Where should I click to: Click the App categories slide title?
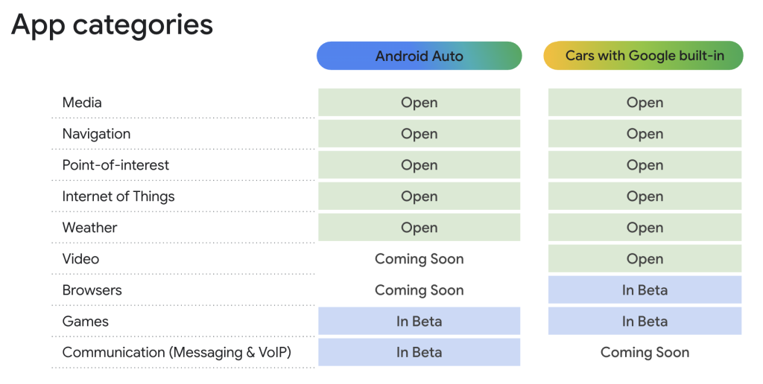coord(112,25)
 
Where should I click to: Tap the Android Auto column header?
coord(419,56)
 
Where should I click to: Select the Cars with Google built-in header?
coord(644,56)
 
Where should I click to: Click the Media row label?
coord(82,103)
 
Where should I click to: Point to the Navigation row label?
coord(96,134)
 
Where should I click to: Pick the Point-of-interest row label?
coord(115,165)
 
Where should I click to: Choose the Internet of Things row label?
coord(118,196)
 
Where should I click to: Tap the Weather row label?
coord(89,228)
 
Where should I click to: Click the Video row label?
coord(80,259)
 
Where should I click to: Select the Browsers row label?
coord(92,290)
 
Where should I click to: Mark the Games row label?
coord(85,321)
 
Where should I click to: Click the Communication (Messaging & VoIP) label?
coord(177,353)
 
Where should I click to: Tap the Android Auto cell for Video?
coord(419,259)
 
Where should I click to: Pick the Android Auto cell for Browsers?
coord(419,290)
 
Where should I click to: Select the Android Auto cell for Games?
coord(419,321)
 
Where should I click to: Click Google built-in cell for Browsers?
coord(645,290)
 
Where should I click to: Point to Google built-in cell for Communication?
coord(645,353)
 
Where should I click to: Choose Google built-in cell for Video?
coord(645,259)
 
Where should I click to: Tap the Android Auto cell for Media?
coord(419,103)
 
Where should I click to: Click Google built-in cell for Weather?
coord(645,228)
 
